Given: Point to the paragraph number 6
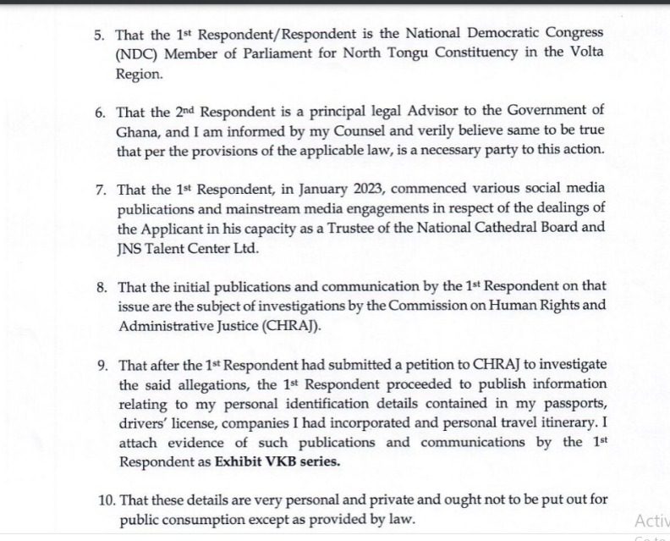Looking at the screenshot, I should [x=98, y=113].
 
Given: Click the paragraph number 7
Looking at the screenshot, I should [x=98, y=191].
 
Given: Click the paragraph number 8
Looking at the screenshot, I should [x=98, y=290].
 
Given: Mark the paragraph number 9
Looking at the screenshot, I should [x=98, y=369].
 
